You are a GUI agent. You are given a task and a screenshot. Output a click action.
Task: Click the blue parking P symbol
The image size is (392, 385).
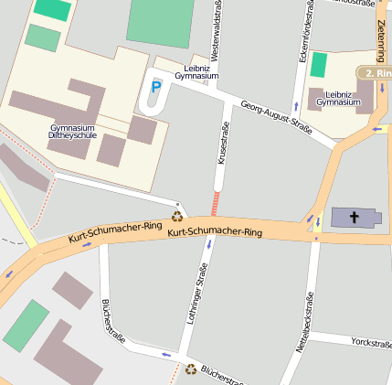[155, 87]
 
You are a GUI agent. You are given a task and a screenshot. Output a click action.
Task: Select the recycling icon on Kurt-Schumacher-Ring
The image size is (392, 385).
[177, 217]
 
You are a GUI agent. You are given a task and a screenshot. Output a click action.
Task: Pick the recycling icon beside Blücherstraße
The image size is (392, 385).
[191, 369]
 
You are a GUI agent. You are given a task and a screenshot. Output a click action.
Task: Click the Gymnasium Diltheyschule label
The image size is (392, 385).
[72, 131]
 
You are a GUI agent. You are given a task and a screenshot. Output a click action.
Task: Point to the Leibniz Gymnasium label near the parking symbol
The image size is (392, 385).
[196, 71]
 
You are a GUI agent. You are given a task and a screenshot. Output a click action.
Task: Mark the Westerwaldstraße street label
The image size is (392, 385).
[217, 27]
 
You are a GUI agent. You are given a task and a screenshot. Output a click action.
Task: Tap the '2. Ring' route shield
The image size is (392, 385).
[375, 73]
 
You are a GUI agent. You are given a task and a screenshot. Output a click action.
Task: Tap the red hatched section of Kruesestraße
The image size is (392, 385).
[217, 203]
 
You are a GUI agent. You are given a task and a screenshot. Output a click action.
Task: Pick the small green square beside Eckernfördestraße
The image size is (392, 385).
[319, 65]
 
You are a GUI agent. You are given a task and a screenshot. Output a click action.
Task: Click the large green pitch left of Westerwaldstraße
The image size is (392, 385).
[160, 20]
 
